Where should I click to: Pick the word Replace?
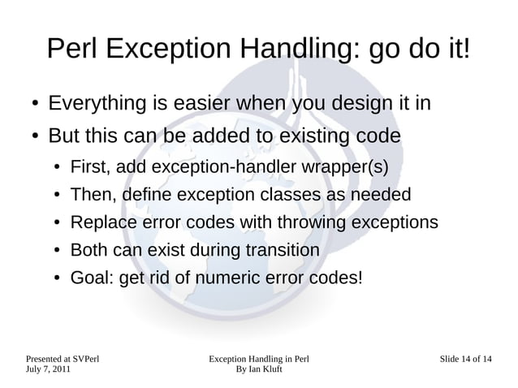pos(103,222)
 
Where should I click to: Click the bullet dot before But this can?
pos(28,134)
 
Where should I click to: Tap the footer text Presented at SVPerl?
pos(63,358)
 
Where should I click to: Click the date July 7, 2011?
pos(48,369)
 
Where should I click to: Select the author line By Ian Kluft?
pos(258,369)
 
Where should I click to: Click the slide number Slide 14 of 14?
pos(465,358)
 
